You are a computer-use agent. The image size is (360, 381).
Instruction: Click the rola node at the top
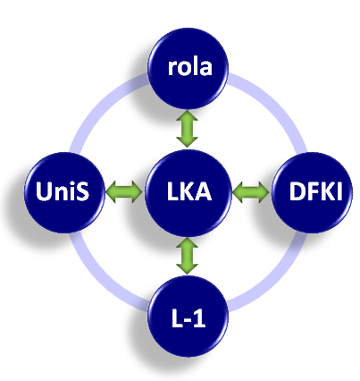[x=188, y=69]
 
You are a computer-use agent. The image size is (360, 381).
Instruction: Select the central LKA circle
[x=188, y=193]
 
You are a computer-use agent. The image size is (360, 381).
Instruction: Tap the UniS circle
[x=64, y=192]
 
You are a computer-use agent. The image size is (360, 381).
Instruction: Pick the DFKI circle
[x=313, y=192]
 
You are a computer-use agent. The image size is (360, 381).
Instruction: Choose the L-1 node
[x=188, y=317]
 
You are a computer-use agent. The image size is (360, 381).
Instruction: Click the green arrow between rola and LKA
[x=187, y=129]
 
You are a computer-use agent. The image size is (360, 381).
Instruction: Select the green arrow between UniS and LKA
[x=124, y=192]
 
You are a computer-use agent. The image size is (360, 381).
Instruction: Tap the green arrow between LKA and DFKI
[x=251, y=192]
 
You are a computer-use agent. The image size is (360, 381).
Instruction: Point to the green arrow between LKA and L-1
[x=187, y=256]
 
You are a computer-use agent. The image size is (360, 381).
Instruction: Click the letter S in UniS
[x=82, y=191]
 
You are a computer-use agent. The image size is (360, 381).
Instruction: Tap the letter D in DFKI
[x=297, y=190]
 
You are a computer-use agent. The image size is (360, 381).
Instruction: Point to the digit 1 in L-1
[x=199, y=318]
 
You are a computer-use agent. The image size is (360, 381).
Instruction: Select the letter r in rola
[x=172, y=69]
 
